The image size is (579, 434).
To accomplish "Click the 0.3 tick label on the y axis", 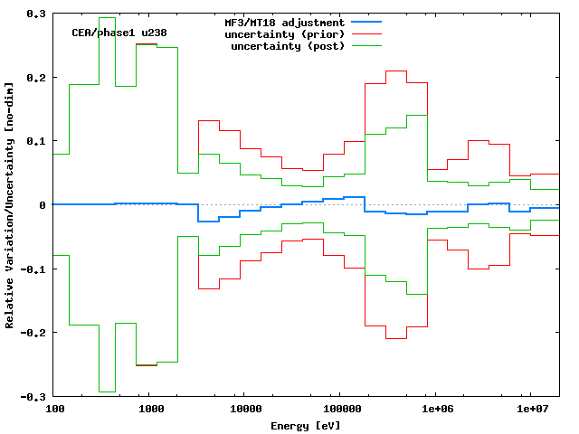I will tap(36, 14).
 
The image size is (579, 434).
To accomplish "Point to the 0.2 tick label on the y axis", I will tap(36, 78).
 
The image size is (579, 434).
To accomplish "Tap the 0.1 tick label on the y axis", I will tap(36, 142).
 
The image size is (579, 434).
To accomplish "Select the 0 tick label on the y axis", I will tap(43, 205).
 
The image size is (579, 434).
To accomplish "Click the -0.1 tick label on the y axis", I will tap(33, 269).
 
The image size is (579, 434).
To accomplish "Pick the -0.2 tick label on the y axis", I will tap(33, 333).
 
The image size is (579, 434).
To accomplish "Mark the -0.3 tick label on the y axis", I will tap(33, 397).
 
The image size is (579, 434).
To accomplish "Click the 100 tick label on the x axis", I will tap(54, 410).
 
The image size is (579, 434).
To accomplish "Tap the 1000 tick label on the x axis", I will tap(151, 410).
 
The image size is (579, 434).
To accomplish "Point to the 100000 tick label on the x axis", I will tap(338, 410).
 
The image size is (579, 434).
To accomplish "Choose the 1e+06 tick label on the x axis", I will tap(436, 410).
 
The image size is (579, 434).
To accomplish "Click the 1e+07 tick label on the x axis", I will tap(530, 410).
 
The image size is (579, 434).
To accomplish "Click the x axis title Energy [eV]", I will tap(306, 425).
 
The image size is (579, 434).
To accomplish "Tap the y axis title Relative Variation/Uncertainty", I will tap(10, 205).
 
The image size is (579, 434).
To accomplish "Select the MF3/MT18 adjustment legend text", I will tap(284, 22).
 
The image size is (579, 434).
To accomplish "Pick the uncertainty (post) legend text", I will tap(289, 46).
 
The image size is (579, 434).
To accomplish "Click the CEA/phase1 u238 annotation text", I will tap(119, 33).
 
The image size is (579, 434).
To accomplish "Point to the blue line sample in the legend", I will tap(363, 22).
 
